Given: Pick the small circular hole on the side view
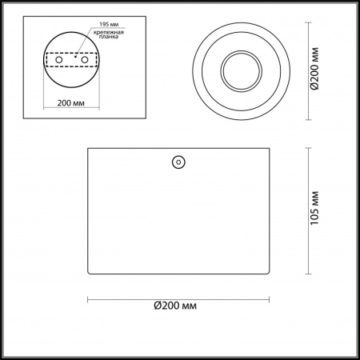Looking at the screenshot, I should click(x=176, y=162).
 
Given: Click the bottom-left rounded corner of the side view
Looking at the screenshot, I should click(x=90, y=272).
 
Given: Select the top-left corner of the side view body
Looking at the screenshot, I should click(x=86, y=148).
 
